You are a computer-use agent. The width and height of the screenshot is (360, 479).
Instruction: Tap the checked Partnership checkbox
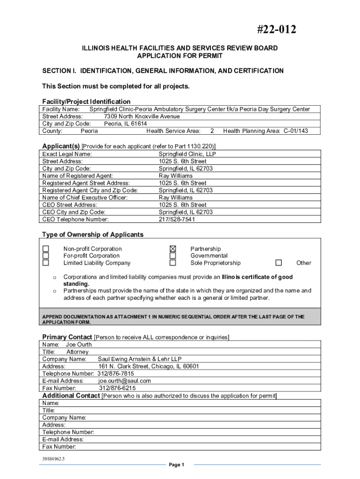click(173, 248)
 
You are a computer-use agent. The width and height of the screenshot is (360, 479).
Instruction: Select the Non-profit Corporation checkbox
click(46, 248)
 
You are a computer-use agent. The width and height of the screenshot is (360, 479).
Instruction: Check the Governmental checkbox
click(173, 255)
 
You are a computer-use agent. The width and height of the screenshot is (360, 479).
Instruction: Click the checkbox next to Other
click(279, 262)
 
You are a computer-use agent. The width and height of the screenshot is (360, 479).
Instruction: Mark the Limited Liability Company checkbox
click(46, 262)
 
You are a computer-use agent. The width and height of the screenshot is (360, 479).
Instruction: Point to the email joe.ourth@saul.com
click(124, 381)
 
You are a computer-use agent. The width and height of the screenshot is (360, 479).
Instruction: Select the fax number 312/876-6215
click(117, 388)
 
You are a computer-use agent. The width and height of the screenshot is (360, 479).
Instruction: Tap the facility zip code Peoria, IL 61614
click(125, 123)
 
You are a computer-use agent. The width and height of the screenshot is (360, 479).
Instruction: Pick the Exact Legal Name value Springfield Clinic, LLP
click(187, 154)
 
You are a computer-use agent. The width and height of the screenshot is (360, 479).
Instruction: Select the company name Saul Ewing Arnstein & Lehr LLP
click(139, 359)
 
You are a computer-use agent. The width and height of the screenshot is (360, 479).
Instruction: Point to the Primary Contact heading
click(67, 337)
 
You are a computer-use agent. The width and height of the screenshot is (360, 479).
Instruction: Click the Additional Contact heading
click(71, 396)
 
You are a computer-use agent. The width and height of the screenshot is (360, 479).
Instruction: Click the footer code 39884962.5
click(53, 458)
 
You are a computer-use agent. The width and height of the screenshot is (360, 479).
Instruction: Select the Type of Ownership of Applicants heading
click(93, 234)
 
